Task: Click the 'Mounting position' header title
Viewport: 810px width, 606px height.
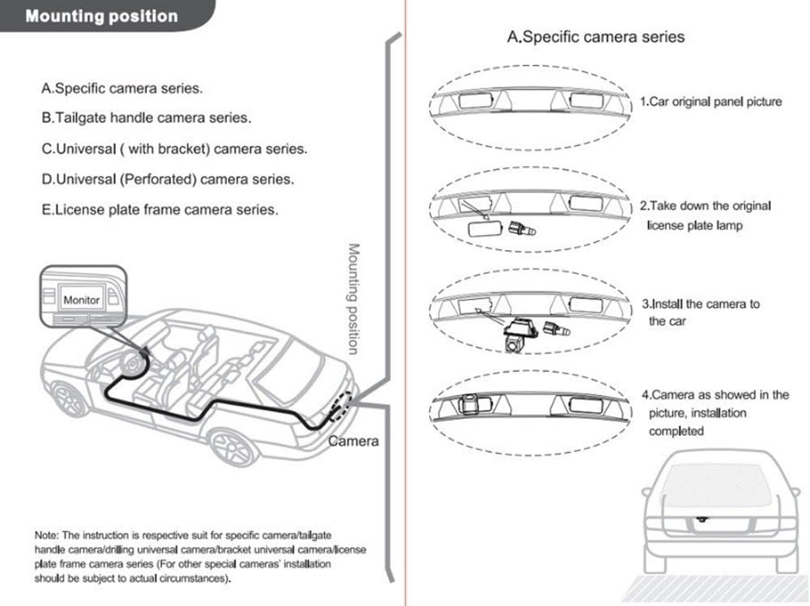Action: pyautogui.click(x=100, y=16)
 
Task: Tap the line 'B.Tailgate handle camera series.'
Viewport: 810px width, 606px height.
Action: pyautogui.click(x=146, y=118)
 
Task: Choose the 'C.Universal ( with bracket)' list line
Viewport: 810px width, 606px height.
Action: pyautogui.click(x=174, y=149)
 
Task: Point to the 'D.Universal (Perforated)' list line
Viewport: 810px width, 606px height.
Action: pyautogui.click(x=168, y=179)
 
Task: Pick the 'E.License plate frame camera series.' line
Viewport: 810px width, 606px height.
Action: pyautogui.click(x=160, y=209)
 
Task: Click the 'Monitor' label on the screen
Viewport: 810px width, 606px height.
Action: pyautogui.click(x=81, y=300)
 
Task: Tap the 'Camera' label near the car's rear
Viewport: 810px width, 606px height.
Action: pyautogui.click(x=353, y=442)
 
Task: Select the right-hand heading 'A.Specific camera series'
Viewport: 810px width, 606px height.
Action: pyautogui.click(x=595, y=36)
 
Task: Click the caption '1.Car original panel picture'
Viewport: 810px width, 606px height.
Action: pyautogui.click(x=711, y=102)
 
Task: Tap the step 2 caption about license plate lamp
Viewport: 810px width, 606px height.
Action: pyautogui.click(x=705, y=216)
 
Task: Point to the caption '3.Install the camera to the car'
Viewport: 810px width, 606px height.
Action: pyautogui.click(x=701, y=313)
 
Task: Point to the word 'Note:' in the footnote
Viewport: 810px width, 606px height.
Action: pyautogui.click(x=45, y=536)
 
